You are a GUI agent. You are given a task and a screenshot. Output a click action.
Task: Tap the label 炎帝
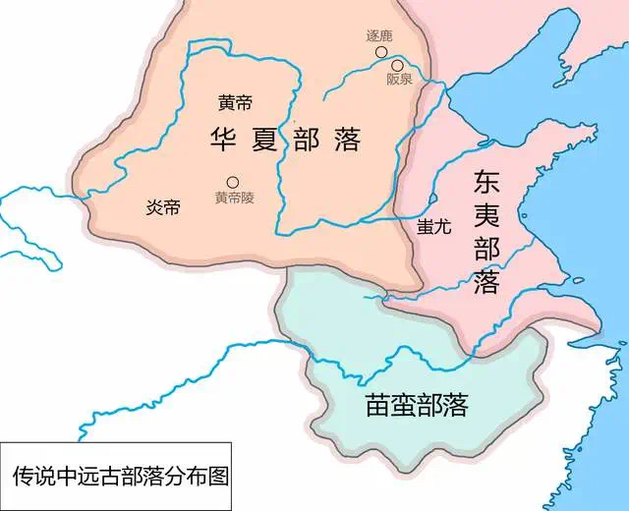click(x=163, y=208)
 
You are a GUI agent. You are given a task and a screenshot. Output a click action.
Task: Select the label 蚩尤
click(x=433, y=225)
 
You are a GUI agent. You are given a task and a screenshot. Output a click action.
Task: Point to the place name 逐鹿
click(x=379, y=36)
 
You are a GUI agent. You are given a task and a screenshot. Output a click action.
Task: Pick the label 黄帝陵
click(x=235, y=198)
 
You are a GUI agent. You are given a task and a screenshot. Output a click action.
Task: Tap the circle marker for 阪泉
click(x=397, y=65)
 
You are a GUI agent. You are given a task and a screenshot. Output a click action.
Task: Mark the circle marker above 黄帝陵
click(x=233, y=181)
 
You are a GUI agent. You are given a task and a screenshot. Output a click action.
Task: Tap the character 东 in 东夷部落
click(x=486, y=183)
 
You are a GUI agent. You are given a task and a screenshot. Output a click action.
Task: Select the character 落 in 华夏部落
click(x=346, y=140)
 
